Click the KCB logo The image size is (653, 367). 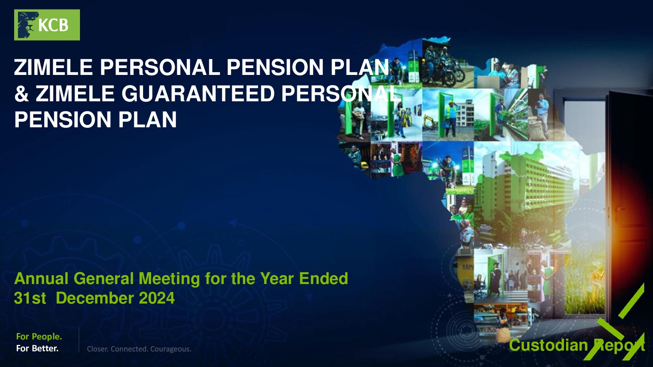(x=47, y=25)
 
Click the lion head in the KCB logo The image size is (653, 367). (x=28, y=25)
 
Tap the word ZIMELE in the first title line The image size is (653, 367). (x=53, y=67)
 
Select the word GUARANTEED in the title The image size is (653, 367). (x=198, y=94)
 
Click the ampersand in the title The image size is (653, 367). (x=21, y=94)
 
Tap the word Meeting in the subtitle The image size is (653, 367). (x=169, y=279)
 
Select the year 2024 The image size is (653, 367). (x=157, y=298)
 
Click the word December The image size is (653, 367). (x=95, y=298)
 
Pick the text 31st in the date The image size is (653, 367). (x=30, y=298)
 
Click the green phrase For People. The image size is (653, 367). (x=39, y=337)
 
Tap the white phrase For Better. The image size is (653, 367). (x=37, y=348)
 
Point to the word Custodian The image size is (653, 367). (x=548, y=346)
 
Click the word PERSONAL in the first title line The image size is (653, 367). (x=160, y=67)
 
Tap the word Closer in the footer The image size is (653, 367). (x=98, y=349)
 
